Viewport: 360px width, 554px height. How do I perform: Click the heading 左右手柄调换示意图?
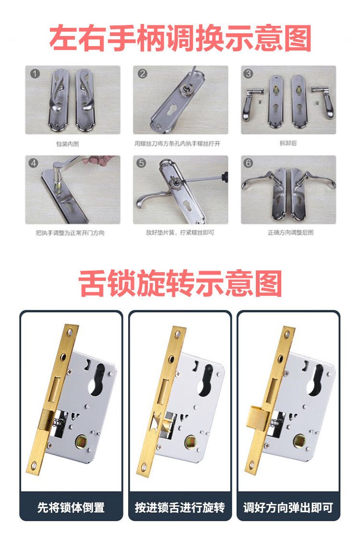(x=180, y=38)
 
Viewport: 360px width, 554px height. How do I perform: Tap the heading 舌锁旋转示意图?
(x=180, y=283)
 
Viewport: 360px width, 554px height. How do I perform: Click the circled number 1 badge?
(x=35, y=74)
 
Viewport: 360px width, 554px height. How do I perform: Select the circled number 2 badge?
(x=143, y=73)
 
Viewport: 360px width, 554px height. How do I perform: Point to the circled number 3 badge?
(x=248, y=73)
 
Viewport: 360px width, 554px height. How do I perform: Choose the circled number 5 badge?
(x=141, y=163)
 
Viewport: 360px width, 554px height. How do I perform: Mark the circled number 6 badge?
(x=248, y=163)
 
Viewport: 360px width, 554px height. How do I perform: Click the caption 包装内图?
(x=68, y=144)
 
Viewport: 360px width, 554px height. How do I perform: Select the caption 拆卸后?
(x=288, y=143)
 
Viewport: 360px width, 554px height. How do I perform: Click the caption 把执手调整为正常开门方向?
(x=70, y=233)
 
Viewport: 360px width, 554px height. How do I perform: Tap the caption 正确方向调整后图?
(x=290, y=232)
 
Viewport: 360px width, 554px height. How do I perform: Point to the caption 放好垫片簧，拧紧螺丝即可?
(x=180, y=232)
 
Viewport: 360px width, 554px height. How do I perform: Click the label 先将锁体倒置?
(x=71, y=507)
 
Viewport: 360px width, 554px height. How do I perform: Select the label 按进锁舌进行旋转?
(x=180, y=507)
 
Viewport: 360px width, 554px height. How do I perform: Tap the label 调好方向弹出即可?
(x=288, y=507)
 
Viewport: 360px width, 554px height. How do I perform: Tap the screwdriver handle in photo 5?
(x=225, y=176)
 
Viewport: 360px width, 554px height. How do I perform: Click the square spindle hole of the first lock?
(x=82, y=442)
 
